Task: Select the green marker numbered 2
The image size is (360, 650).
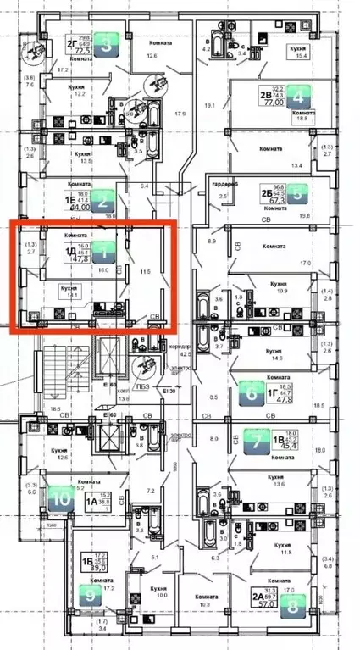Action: tap(102, 200)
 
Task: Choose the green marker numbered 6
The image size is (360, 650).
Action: tap(252, 392)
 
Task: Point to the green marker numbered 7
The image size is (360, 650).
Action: tap(257, 440)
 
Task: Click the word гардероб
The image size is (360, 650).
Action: tap(224, 182)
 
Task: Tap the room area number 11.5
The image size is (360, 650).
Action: tap(144, 272)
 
